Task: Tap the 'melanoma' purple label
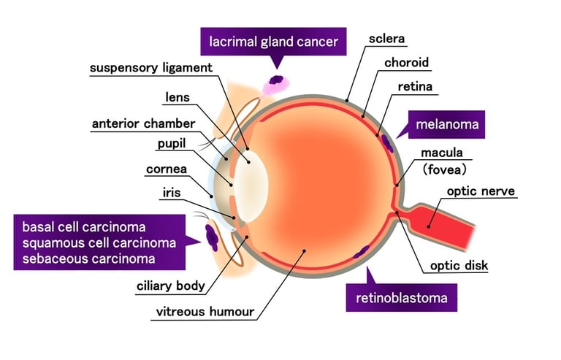tap(447, 125)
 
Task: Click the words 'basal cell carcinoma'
tap(84, 226)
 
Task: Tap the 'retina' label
tap(415, 87)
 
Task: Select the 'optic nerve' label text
tap(481, 191)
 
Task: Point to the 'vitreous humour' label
tap(205, 313)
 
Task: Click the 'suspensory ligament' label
tap(150, 68)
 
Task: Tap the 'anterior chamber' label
tap(143, 123)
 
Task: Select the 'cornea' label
tap(167, 169)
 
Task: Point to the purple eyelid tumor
tap(211, 234)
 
